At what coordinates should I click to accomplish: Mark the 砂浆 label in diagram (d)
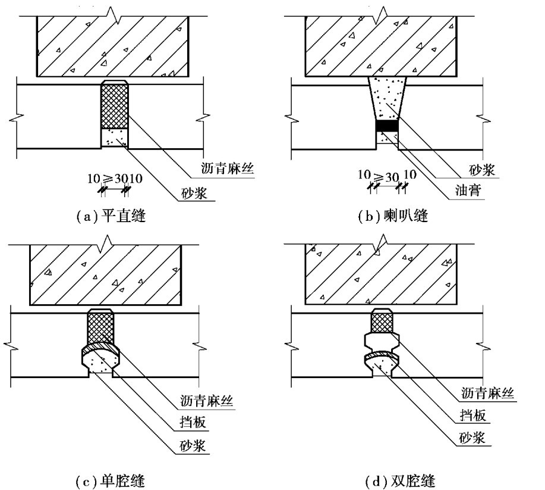point(472,438)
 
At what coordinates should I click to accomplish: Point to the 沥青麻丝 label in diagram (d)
point(486,392)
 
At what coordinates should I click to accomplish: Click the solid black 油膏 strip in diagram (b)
point(387,126)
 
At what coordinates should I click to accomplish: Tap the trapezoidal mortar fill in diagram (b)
point(387,98)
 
